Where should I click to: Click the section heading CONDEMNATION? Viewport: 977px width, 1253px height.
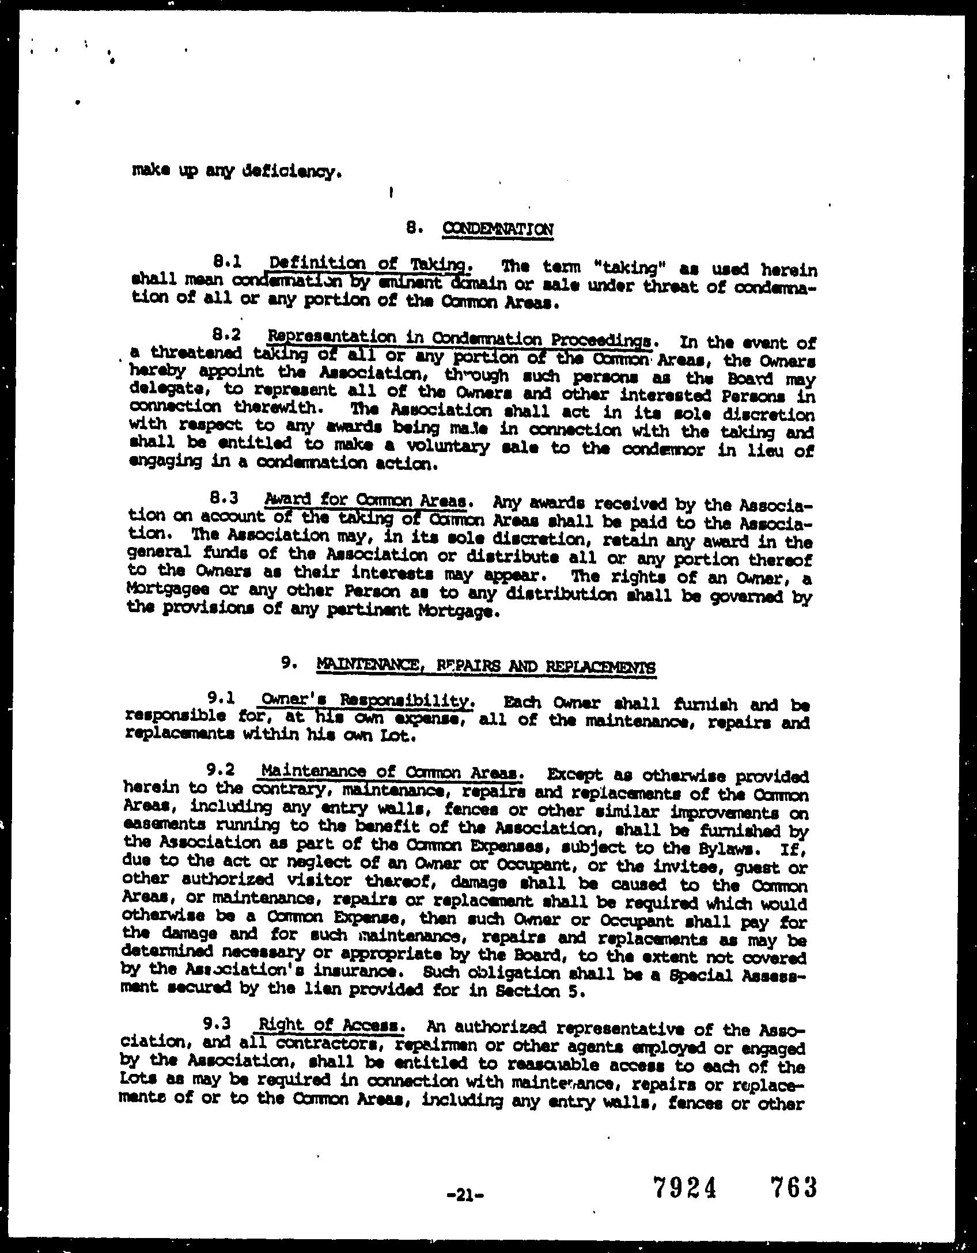tap(498, 229)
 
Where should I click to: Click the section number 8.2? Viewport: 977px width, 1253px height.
tap(225, 334)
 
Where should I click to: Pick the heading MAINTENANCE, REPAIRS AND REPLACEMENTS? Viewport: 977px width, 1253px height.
tap(486, 666)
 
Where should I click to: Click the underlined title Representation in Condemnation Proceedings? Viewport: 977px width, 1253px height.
tap(460, 338)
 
